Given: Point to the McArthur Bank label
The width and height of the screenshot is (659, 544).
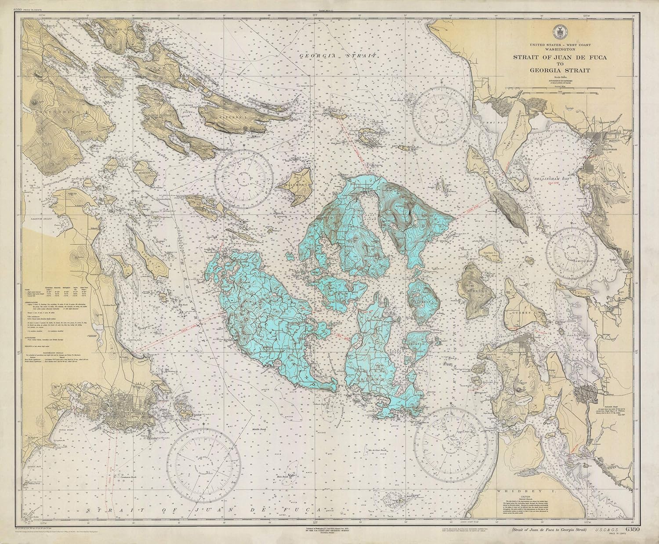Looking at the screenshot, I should tap(377, 450).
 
